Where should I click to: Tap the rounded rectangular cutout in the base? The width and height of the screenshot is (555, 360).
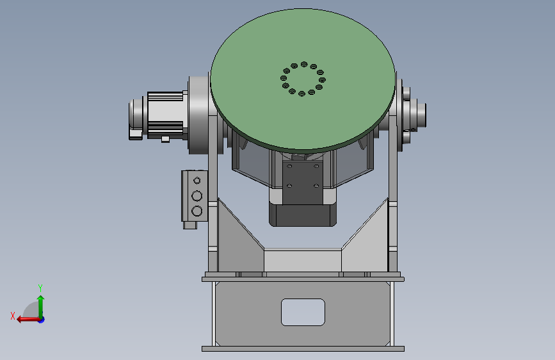tap(303, 312)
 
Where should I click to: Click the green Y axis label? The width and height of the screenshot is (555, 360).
tap(40, 288)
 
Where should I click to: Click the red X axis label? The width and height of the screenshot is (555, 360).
tap(13, 316)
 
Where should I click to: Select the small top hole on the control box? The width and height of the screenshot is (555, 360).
tap(197, 181)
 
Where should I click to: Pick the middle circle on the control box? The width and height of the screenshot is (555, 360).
tap(197, 196)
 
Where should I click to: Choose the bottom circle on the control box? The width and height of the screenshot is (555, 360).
tap(197, 211)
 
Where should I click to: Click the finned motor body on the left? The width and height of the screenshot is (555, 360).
tap(165, 115)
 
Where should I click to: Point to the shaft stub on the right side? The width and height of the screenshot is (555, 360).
tap(422, 115)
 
